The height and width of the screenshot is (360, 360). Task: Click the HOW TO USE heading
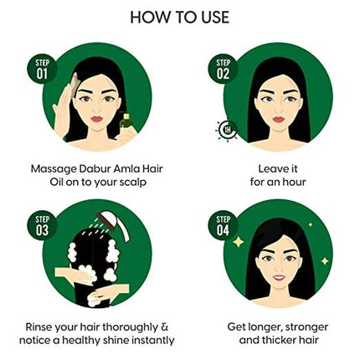[180, 18]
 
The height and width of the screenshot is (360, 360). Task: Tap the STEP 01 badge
[42, 68]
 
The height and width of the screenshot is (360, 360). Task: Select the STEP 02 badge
[222, 68]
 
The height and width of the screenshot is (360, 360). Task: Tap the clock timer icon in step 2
[225, 131]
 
